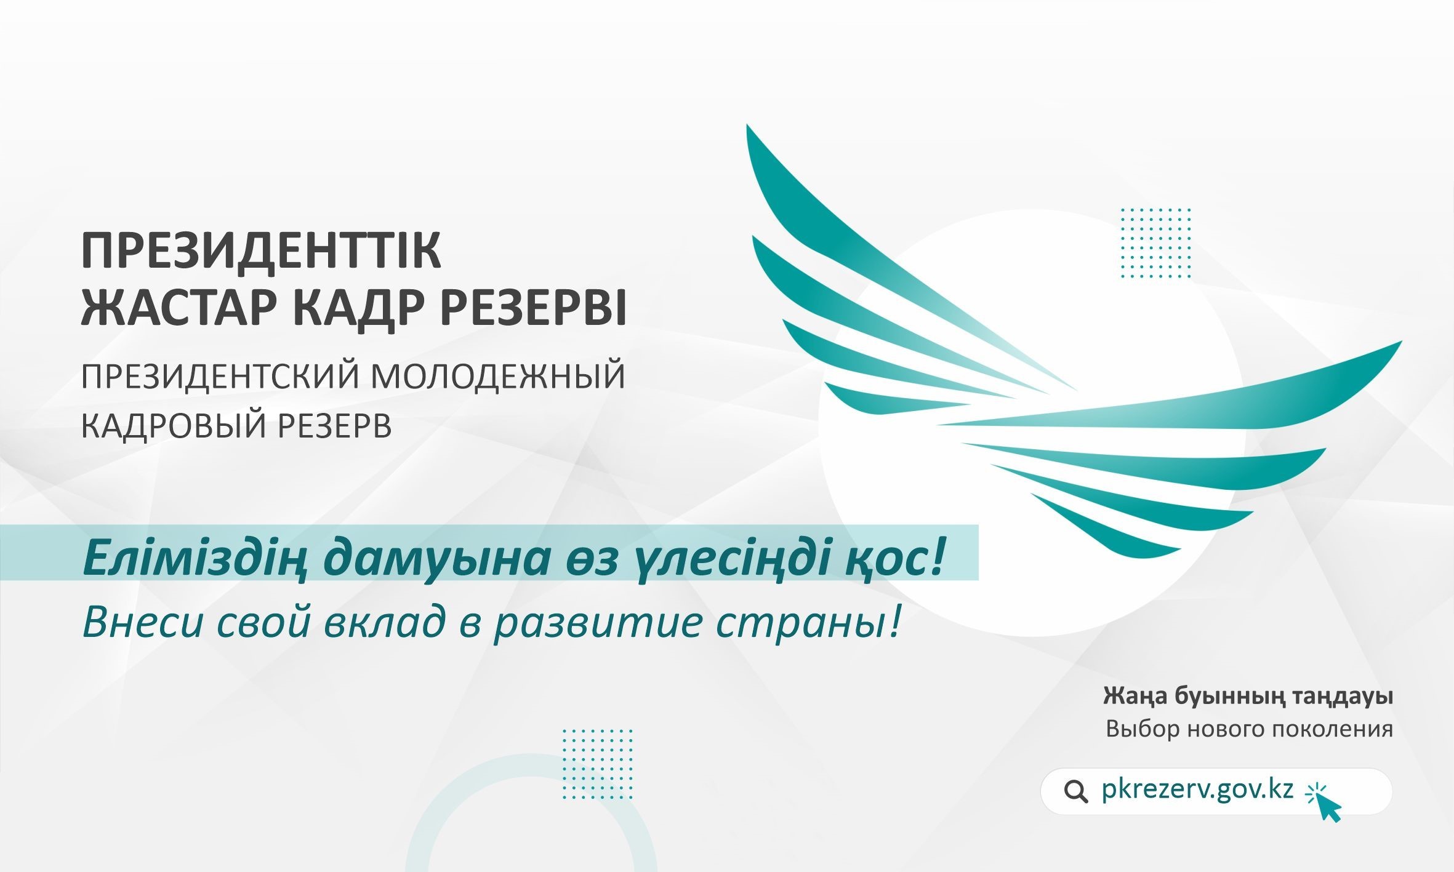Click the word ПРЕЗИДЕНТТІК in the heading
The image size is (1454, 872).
tap(261, 251)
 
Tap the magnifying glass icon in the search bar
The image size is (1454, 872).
tap(1075, 791)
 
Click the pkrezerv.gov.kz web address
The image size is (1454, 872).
tap(1197, 790)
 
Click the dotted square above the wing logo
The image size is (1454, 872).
tap(1156, 243)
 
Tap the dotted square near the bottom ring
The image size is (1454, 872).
tap(598, 764)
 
